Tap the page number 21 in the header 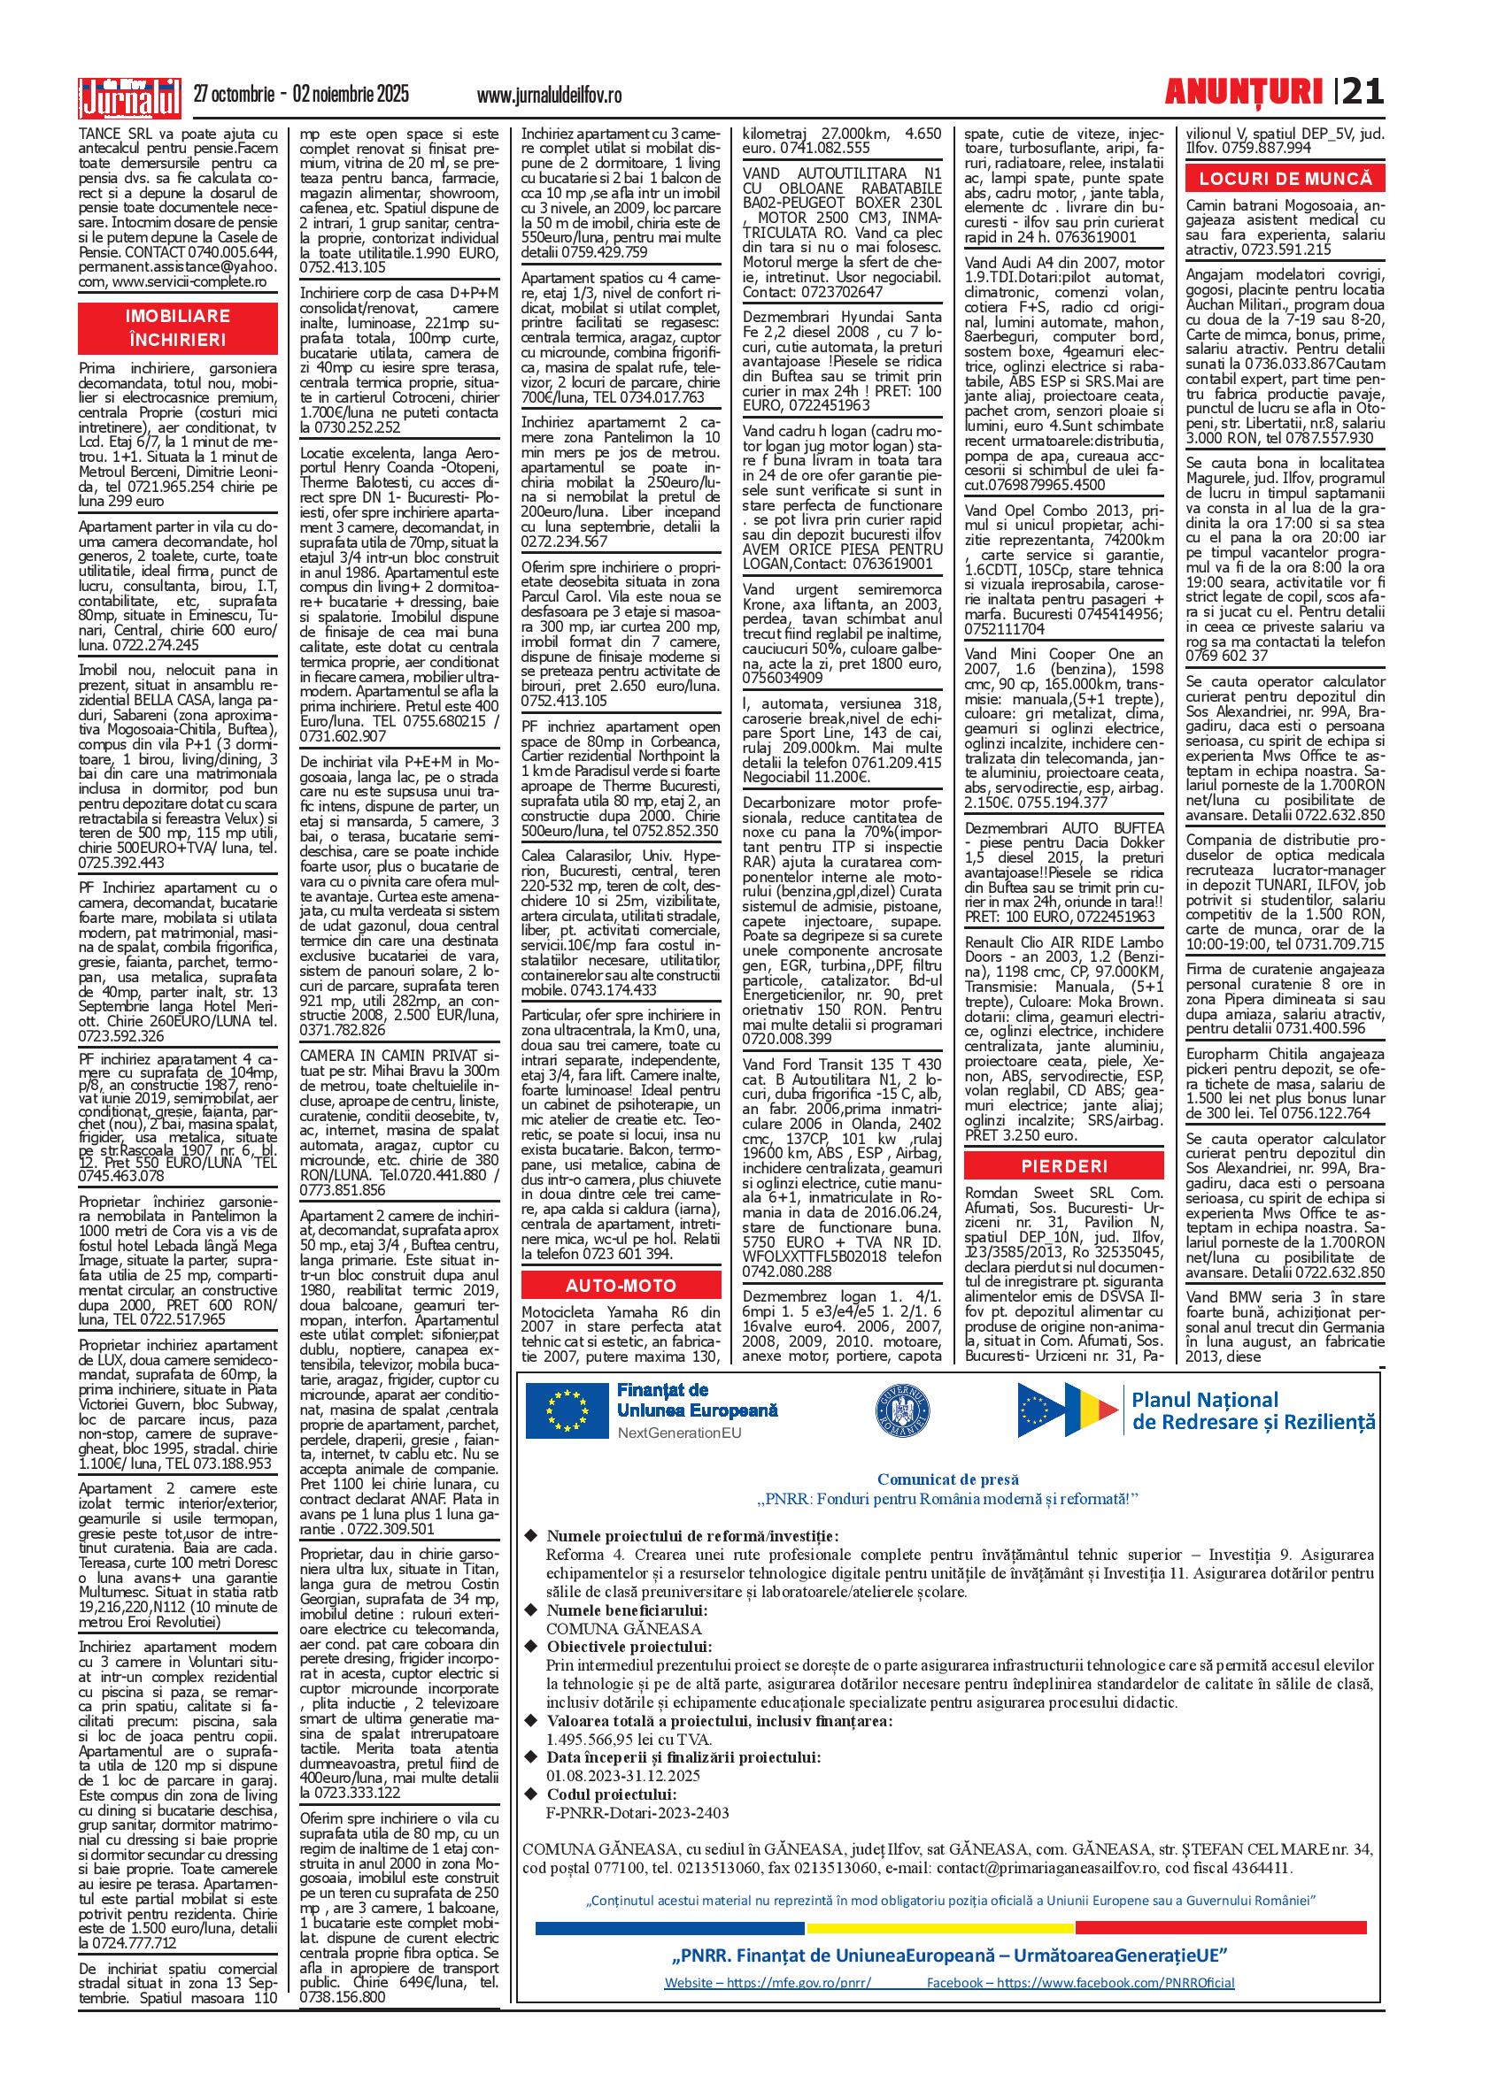[x=1363, y=92]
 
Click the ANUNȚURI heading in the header [x=1243, y=92]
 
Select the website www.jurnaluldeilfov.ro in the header [x=550, y=96]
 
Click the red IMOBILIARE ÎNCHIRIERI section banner [x=177, y=328]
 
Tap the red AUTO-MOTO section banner [x=621, y=1285]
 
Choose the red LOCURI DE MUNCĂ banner [x=1285, y=178]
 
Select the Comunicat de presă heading [x=948, y=1479]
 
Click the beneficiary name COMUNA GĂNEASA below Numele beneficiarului [x=624, y=1629]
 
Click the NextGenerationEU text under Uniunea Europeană [x=679, y=1433]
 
